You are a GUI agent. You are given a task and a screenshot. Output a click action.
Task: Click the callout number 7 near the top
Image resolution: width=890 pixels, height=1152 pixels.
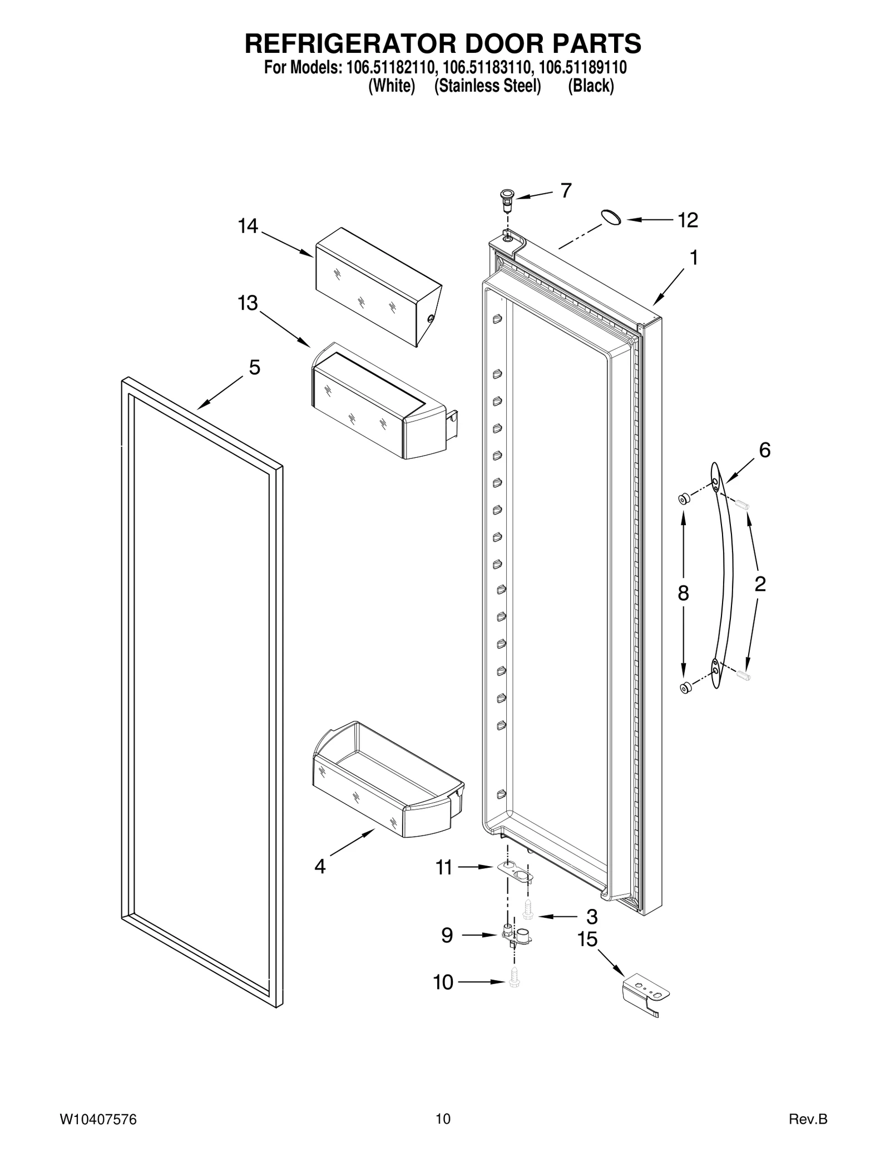point(566,191)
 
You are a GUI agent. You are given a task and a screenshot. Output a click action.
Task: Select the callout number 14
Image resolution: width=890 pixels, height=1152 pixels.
point(248,226)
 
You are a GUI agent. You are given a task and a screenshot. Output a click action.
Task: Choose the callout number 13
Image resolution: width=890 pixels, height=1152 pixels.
point(248,304)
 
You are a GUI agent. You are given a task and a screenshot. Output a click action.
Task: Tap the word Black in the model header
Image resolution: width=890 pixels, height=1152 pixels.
point(591,86)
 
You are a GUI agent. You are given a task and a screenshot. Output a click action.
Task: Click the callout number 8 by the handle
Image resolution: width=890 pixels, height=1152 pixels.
point(684,594)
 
